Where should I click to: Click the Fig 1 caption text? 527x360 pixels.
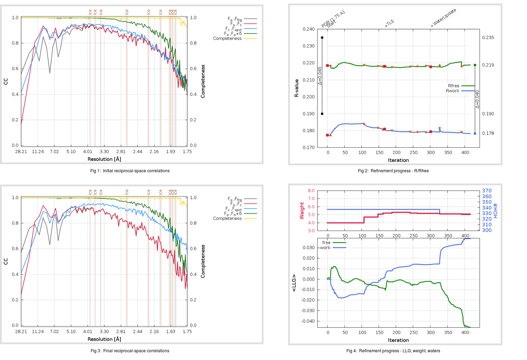[x=130, y=171]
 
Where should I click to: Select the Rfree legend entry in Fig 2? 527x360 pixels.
[x=454, y=86]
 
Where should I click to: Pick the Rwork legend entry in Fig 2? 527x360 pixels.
[x=453, y=91]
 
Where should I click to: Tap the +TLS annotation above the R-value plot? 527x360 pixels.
[x=389, y=24]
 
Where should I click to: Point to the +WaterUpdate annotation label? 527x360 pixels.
[x=443, y=18]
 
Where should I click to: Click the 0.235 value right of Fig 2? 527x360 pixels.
[x=488, y=38]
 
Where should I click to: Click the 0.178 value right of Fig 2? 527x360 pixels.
[x=488, y=133]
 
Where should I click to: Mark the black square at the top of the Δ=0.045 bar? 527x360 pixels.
[x=322, y=38]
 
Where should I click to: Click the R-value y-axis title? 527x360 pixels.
[x=297, y=88]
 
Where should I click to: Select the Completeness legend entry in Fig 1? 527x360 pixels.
[x=227, y=38]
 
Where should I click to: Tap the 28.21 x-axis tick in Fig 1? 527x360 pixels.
[x=21, y=152]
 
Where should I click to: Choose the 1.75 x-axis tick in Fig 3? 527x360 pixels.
[x=187, y=332]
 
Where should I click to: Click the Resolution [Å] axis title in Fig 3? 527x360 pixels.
[x=104, y=339]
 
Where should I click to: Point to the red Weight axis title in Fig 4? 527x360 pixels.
[x=302, y=211]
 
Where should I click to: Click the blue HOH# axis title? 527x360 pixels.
[x=495, y=211]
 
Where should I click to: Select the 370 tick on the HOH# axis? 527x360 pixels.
[x=487, y=191]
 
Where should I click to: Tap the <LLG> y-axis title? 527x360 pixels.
[x=294, y=283]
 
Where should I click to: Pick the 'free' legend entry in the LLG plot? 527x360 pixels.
[x=326, y=243]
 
